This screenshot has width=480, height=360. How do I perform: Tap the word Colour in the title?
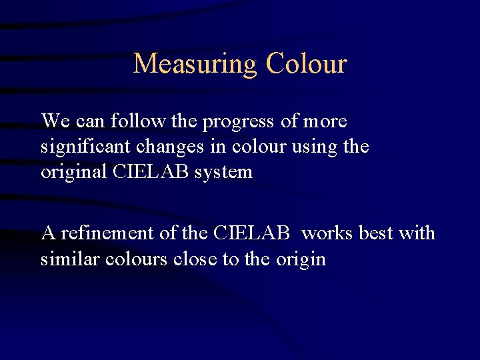pos(306,64)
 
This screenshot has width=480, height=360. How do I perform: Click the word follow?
pos(136,121)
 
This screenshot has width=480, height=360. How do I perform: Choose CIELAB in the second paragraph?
pos(252,233)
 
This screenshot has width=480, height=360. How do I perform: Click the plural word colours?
pos(137,259)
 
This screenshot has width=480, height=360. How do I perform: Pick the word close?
pos(195,259)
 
